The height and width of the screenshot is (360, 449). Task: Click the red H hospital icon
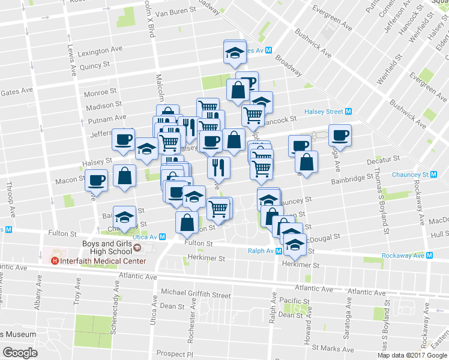[x=55, y=261]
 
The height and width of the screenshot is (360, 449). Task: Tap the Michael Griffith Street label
[x=196, y=295]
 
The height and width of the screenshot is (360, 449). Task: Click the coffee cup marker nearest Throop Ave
[x=95, y=179]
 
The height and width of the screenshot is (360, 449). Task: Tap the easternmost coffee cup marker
[x=340, y=134]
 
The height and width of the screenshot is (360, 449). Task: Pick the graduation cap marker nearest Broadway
[x=235, y=52]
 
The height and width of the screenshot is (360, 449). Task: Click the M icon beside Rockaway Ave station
[x=430, y=256]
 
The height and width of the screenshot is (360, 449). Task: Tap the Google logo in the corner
[x=20, y=353]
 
